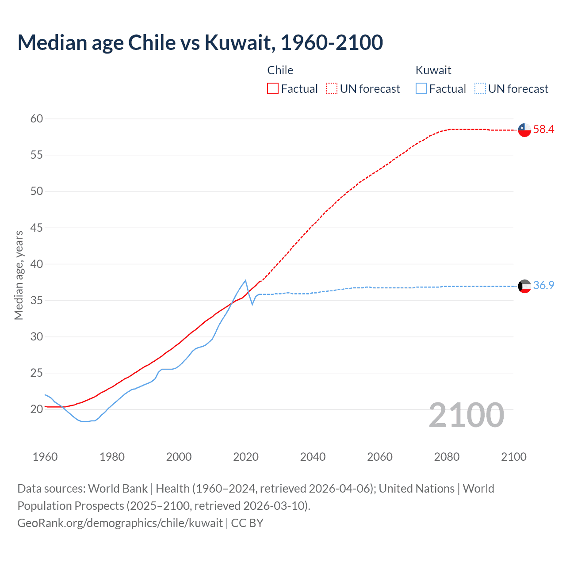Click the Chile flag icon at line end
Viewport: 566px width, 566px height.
click(x=524, y=130)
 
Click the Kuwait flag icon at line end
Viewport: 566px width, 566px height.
click(x=524, y=286)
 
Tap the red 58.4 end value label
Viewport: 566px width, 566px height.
click(x=543, y=130)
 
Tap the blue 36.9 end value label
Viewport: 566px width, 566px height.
click(x=543, y=286)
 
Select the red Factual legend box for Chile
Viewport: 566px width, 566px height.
click(x=273, y=89)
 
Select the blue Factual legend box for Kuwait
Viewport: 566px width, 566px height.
click(x=421, y=89)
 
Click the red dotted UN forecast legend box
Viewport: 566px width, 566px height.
click(x=332, y=89)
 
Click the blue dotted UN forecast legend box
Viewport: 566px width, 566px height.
click(x=480, y=89)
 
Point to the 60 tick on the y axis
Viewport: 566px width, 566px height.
click(x=37, y=119)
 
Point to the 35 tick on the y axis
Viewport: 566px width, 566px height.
click(x=37, y=301)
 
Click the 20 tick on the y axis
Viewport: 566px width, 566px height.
click(x=37, y=409)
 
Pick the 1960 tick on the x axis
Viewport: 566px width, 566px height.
click(x=45, y=457)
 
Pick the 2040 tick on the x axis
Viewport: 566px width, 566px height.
click(x=313, y=457)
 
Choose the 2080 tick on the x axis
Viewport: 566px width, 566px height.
click(x=447, y=457)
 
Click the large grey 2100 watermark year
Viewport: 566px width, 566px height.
click(x=466, y=415)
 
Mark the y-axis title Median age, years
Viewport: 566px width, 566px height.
click(x=19, y=275)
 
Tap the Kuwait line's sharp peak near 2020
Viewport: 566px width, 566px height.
click(x=245, y=280)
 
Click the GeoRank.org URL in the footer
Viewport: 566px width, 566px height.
click(x=120, y=523)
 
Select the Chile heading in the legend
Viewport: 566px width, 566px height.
click(x=280, y=70)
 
